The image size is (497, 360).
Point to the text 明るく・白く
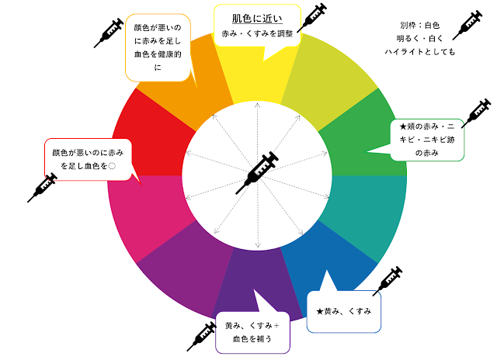coord(419,38)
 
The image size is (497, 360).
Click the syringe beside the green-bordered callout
coord(475,116)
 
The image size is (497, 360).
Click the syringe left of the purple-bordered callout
coord(201,334)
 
